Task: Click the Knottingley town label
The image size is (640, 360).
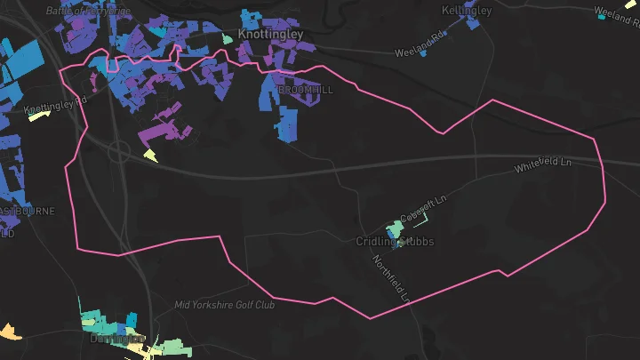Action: [x=270, y=35]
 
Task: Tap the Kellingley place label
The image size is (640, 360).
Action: [x=467, y=11]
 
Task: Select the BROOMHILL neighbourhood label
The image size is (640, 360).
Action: [x=307, y=91]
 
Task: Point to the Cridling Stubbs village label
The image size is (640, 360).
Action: [x=395, y=242]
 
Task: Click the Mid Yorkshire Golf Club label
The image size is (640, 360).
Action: [x=225, y=305]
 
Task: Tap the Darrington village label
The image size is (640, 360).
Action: [x=116, y=339]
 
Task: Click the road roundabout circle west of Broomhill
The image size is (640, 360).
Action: [x=119, y=152]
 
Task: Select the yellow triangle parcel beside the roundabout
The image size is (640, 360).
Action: [x=150, y=156]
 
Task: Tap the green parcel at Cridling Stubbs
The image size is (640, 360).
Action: [x=392, y=229]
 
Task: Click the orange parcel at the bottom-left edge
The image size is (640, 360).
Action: [x=9, y=332]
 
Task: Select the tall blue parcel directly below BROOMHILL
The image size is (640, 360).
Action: [x=286, y=124]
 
